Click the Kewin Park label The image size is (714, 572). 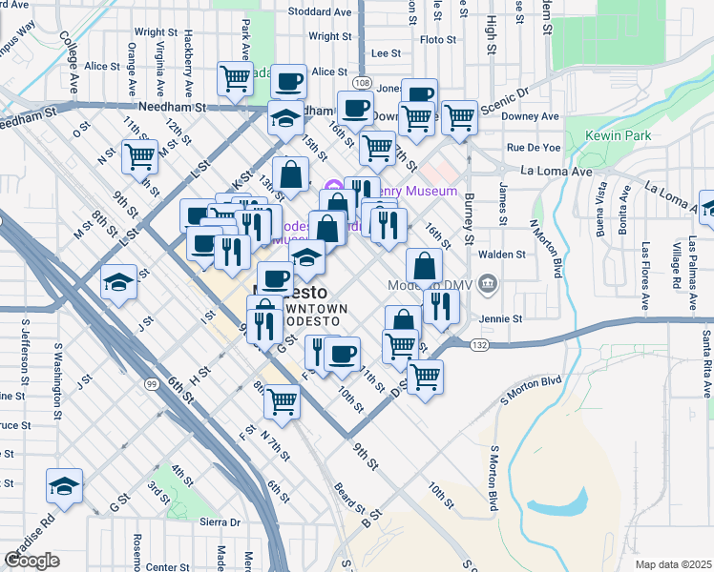[619, 136]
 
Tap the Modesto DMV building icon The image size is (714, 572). [488, 284]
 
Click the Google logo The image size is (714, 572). [32, 561]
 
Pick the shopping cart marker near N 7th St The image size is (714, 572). [282, 401]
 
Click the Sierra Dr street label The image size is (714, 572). [219, 522]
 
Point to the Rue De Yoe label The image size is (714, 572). [533, 148]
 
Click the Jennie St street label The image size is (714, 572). [503, 318]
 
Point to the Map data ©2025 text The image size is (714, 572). [672, 564]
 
